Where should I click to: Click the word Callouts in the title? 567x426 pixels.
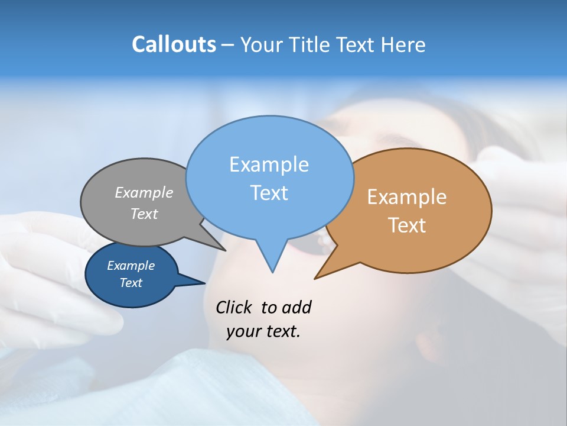[174, 44]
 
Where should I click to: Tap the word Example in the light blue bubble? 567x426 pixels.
[269, 164]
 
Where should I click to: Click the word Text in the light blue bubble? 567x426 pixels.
[269, 193]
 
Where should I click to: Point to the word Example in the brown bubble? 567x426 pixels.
[407, 197]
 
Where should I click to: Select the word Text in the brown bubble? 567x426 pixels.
[407, 225]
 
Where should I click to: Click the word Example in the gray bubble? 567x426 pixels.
[144, 192]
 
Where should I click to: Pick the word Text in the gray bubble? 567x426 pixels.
[144, 214]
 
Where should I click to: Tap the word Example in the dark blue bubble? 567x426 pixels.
[131, 266]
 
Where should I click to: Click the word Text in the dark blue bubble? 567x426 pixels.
[131, 283]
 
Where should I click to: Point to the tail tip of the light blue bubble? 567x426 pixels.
[272, 270]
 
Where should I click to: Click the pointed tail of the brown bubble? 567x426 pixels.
[317, 277]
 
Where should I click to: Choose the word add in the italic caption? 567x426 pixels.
[296, 307]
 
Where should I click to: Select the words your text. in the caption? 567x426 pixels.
[263, 331]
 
